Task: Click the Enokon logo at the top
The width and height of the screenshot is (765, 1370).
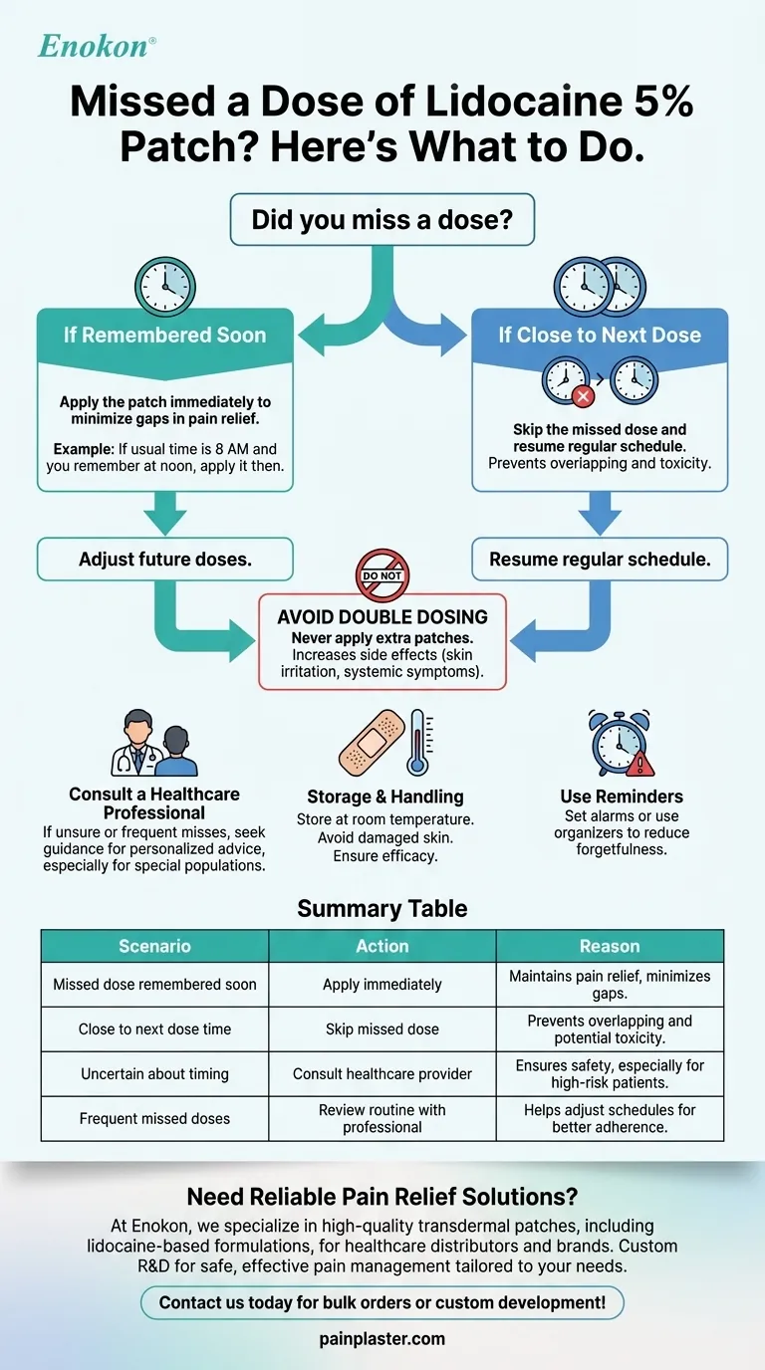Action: click(x=97, y=46)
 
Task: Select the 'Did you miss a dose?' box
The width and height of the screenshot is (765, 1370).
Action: click(x=382, y=219)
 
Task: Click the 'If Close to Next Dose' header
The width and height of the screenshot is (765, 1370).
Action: click(x=600, y=335)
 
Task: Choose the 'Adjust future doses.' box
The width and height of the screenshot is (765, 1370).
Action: click(x=165, y=560)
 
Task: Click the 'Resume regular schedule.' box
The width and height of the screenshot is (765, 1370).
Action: click(x=600, y=560)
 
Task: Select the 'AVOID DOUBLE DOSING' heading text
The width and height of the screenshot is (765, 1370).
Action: click(x=382, y=617)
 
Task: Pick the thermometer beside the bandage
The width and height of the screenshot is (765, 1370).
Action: click(x=416, y=742)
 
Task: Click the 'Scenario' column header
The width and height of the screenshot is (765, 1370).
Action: click(x=154, y=946)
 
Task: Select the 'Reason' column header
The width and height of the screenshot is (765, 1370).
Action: click(x=610, y=946)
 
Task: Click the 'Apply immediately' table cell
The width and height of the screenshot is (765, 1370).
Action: click(x=382, y=984)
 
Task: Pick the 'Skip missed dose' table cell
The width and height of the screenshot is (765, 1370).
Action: click(x=382, y=1029)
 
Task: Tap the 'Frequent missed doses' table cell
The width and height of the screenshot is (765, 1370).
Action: click(x=154, y=1118)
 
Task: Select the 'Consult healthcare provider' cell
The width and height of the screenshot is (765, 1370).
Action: click(x=382, y=1073)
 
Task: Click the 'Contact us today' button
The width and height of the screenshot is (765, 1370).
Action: click(x=382, y=1302)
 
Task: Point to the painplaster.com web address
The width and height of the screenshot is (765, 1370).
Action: click(x=382, y=1339)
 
